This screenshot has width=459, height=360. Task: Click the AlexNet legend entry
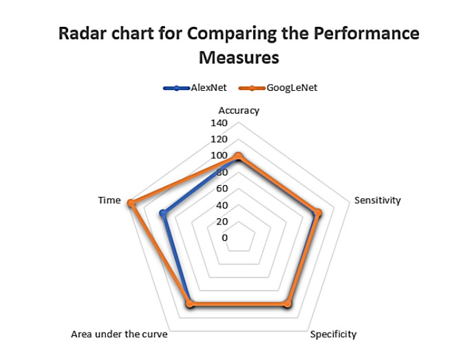199,88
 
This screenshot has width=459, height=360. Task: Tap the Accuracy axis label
238,110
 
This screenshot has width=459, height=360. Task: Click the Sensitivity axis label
377,200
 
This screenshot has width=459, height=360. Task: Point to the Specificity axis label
333,335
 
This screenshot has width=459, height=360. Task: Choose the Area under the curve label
119,335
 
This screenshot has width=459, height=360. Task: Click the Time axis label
109,200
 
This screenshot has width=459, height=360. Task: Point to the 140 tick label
218,123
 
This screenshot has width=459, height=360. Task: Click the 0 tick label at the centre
225,237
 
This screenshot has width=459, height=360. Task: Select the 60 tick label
222,189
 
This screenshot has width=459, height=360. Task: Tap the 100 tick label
218,156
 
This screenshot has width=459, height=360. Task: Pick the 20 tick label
222,221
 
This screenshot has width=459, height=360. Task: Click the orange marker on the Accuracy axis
238,156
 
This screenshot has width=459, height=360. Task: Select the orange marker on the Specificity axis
288,304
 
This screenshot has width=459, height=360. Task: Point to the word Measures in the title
238,57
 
